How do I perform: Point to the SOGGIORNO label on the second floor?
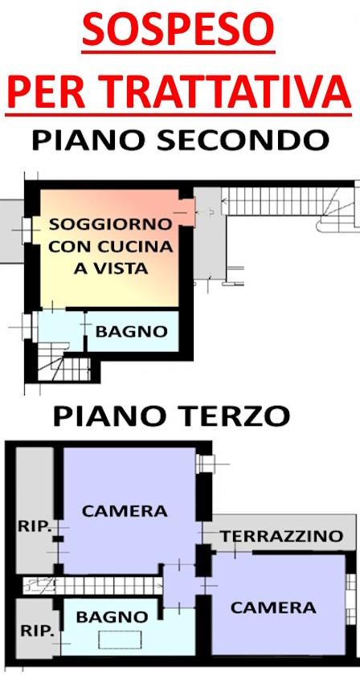coord(111,223)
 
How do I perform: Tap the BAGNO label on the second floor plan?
coord(132,331)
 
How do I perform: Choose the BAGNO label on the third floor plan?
coord(112,617)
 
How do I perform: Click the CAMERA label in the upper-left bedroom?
coord(125,510)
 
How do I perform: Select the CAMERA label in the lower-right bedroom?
coord(273,607)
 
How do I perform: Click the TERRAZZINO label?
coord(282,536)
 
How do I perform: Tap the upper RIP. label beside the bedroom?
coord(35,527)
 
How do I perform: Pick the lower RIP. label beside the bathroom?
coord(35,632)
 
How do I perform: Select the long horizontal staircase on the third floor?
coord(104,584)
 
